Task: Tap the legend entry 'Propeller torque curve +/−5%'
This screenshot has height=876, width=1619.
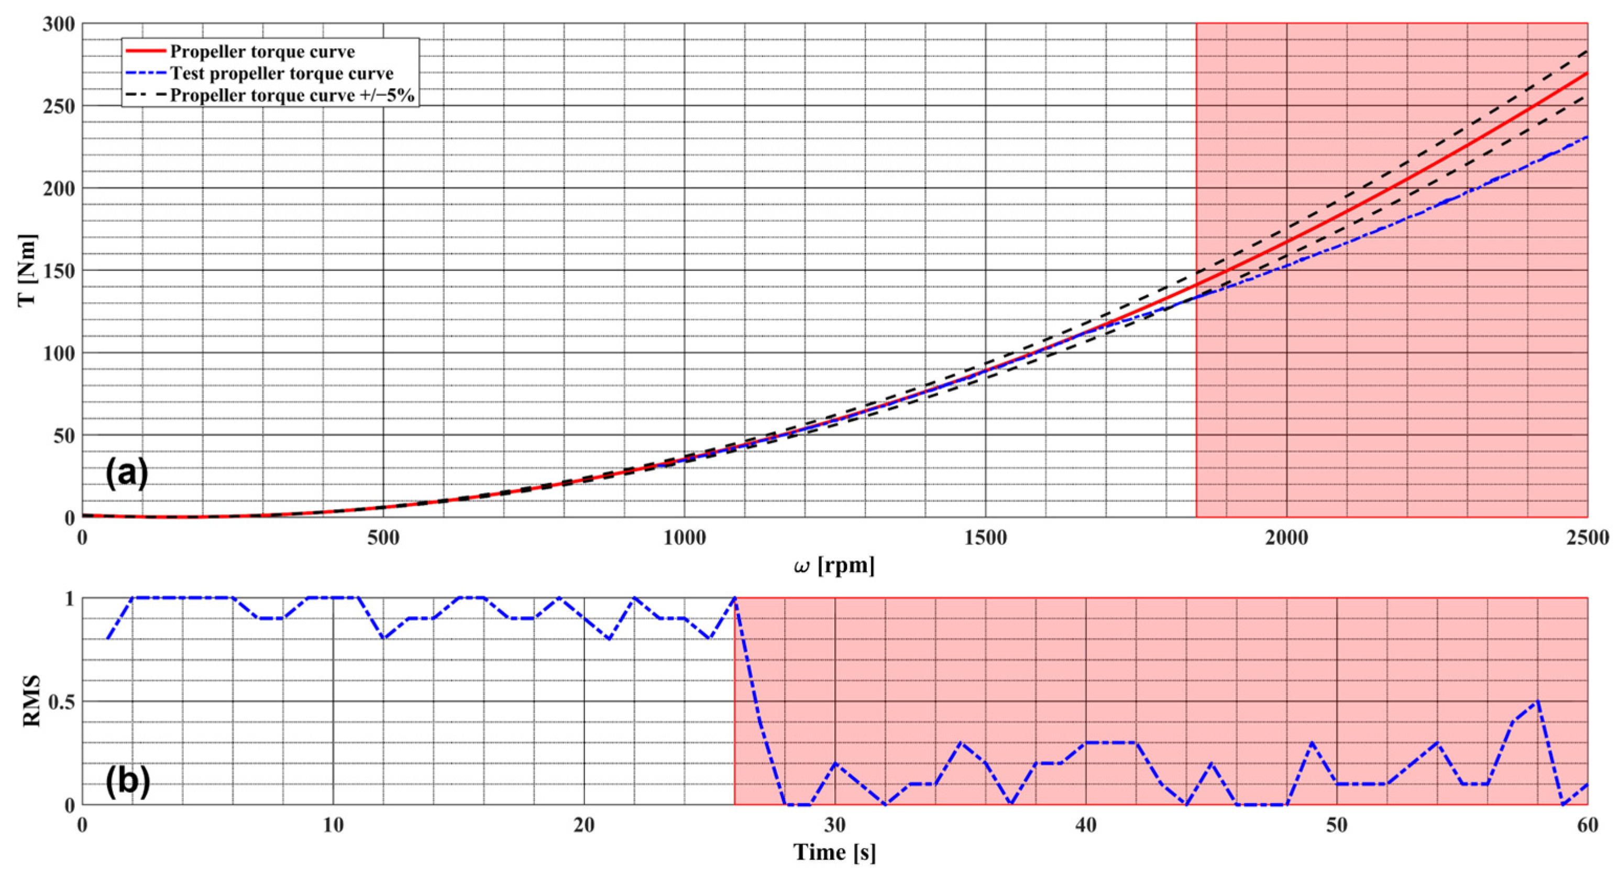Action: (x=292, y=95)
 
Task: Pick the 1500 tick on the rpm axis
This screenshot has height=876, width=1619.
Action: (x=985, y=538)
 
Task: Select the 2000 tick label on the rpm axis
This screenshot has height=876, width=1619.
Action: (x=1286, y=538)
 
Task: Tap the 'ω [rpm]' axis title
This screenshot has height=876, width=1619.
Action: (x=834, y=566)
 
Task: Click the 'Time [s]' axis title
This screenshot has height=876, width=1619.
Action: (x=834, y=853)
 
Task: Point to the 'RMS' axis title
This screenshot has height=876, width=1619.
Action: (x=31, y=701)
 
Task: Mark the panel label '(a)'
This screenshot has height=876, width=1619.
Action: (x=126, y=473)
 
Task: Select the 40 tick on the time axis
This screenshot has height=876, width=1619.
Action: (x=1085, y=825)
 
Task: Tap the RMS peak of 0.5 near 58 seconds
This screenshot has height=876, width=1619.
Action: (x=1537, y=701)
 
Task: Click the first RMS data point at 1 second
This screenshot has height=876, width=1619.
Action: (x=107, y=639)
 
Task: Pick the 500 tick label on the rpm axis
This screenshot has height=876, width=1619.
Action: (x=383, y=538)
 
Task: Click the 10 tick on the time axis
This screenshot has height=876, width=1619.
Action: (x=333, y=825)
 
